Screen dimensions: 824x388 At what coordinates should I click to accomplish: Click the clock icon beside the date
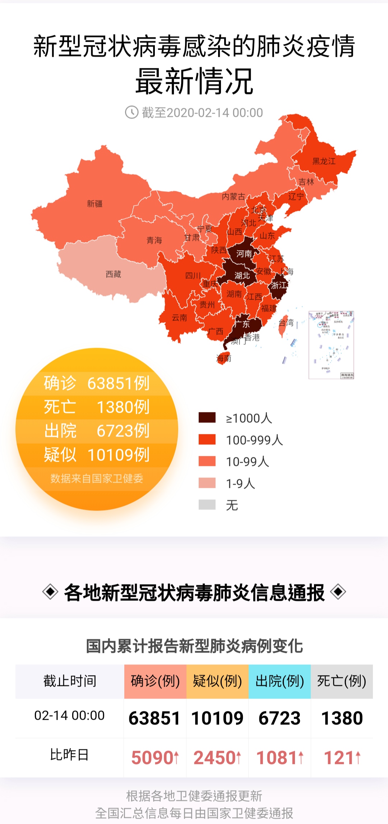(x=131, y=112)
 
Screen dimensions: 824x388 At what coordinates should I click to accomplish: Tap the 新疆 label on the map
(x=95, y=204)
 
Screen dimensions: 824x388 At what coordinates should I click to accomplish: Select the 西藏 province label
(x=113, y=274)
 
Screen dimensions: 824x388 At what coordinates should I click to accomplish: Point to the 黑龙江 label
(x=324, y=161)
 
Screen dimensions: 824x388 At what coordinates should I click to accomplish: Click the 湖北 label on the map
(x=242, y=276)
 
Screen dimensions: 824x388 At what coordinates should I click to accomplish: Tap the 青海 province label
(x=154, y=240)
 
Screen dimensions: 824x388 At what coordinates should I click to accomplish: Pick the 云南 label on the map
(x=179, y=317)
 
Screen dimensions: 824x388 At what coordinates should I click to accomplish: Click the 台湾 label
(x=286, y=322)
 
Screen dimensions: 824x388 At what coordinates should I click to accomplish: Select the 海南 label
(x=223, y=358)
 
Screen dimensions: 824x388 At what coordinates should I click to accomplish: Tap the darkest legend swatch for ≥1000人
(x=207, y=417)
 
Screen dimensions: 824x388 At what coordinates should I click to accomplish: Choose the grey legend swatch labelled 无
(x=207, y=505)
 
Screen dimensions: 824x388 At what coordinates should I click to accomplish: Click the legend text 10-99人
(x=247, y=462)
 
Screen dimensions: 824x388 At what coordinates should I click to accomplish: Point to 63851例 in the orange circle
(x=118, y=383)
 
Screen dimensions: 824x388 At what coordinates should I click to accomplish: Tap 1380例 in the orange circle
(x=123, y=407)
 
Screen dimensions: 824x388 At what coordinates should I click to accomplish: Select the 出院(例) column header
(x=280, y=681)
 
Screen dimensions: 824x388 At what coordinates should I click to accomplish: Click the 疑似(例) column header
(x=217, y=681)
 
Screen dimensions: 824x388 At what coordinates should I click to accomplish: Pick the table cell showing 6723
(x=280, y=718)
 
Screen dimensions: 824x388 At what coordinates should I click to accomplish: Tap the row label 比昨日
(x=69, y=755)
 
